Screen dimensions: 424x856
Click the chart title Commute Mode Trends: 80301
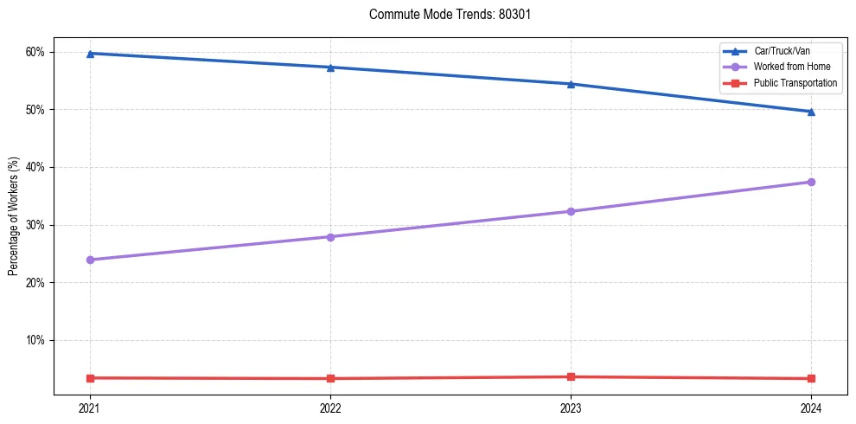click(444, 15)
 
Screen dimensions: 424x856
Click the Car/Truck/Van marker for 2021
click(90, 54)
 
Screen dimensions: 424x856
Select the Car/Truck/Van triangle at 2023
click(571, 84)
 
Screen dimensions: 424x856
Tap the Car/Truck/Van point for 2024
click(811, 112)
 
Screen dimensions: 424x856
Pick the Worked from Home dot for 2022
click(330, 237)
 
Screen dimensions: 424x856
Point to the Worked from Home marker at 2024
click(811, 182)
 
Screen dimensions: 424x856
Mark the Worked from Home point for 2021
click(90, 260)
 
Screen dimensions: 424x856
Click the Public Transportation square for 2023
click(571, 376)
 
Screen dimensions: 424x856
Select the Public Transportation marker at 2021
click(90, 378)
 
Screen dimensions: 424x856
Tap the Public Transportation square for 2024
click(811, 378)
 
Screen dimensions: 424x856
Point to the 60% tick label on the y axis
click(35, 52)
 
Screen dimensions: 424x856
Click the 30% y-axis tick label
click(35, 225)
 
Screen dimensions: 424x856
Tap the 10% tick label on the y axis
click(35, 340)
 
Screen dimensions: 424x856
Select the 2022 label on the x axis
click(330, 408)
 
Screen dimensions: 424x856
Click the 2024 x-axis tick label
click(811, 408)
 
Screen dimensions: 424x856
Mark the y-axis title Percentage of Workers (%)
click(14, 216)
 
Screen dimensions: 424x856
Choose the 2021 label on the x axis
click(90, 408)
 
